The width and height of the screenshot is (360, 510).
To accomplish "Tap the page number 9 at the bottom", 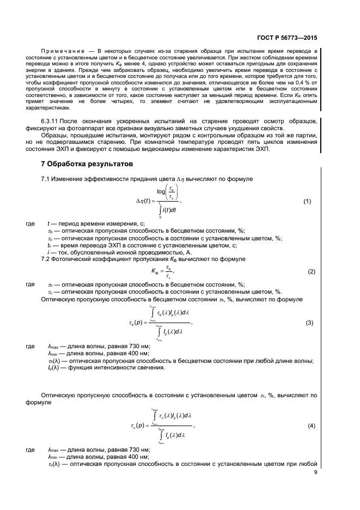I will tap(315, 473).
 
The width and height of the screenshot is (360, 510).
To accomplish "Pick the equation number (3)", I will tap(309, 323).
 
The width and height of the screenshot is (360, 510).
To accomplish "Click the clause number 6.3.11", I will tap(51, 121).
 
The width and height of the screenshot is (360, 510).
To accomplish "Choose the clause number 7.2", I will tap(46, 259).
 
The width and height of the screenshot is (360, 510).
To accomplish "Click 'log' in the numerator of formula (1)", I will tap(161, 192).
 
